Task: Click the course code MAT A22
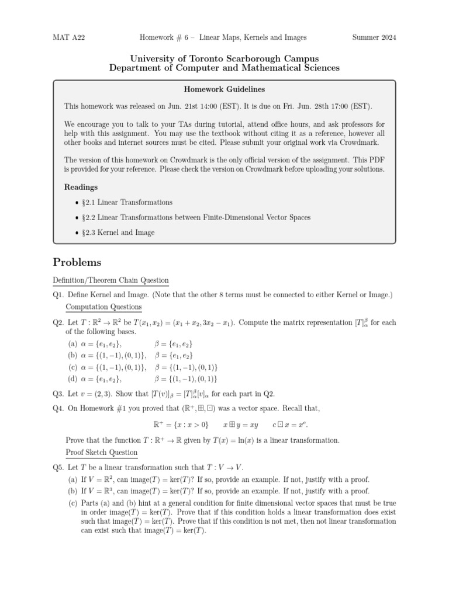[x=68, y=38]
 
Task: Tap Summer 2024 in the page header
[x=374, y=38]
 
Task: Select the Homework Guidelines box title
[x=224, y=89]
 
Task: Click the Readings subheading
[x=81, y=187]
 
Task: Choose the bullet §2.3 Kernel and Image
[x=126, y=232]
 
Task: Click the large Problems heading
[x=77, y=262]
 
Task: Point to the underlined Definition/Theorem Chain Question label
[x=110, y=281]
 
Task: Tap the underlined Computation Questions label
[x=103, y=307]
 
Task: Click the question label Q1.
[x=58, y=295]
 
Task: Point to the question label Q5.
[x=58, y=467]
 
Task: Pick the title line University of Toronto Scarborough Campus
[x=224, y=58]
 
